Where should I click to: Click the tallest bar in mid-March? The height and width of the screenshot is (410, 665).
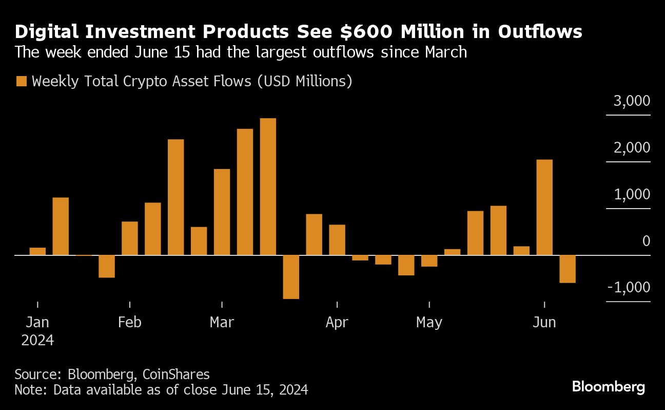[268, 187]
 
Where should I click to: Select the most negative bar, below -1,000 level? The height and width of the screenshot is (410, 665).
[291, 277]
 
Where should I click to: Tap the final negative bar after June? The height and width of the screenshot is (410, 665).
[568, 269]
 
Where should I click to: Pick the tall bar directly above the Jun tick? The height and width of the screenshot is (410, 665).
[544, 207]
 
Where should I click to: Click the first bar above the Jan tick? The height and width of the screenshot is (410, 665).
[37, 251]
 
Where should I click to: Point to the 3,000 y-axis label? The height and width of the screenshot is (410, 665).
[632, 101]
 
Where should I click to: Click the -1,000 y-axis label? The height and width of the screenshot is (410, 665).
[629, 287]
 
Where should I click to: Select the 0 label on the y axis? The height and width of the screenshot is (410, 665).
[646, 241]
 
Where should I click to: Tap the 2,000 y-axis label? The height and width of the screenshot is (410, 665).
[632, 148]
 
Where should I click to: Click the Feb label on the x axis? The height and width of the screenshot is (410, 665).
[129, 323]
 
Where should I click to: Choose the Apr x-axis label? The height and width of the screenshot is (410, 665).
[337, 323]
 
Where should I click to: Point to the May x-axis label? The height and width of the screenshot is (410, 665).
[429, 323]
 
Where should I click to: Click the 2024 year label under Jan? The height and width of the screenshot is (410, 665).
[37, 340]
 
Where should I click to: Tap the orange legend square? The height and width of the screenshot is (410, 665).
[22, 82]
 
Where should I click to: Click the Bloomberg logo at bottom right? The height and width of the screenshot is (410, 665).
[609, 387]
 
